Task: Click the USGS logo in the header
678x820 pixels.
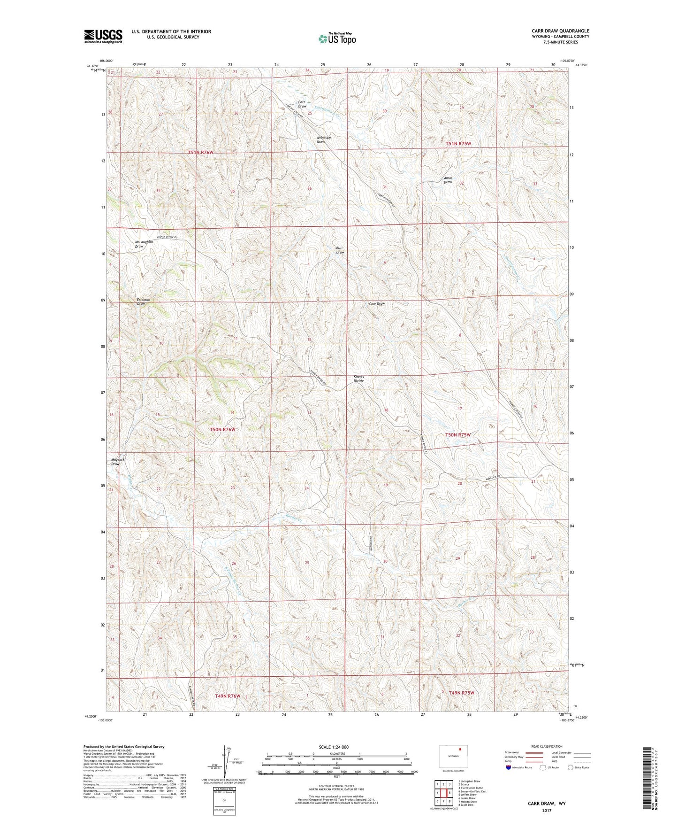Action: pos(103,36)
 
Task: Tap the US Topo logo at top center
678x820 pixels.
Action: pos(337,39)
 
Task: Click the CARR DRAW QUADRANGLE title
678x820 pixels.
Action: pos(560,31)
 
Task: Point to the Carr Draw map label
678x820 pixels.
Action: pos(302,104)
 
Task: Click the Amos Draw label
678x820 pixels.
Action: pos(448,180)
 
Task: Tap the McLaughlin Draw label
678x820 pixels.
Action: pos(144,244)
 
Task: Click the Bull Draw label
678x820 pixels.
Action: pos(340,250)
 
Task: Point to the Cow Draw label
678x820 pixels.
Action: pos(377,304)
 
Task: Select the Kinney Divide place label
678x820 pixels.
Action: pos(358,379)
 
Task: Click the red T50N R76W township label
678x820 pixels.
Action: pos(222,429)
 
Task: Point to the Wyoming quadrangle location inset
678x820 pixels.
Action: pos(453,757)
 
